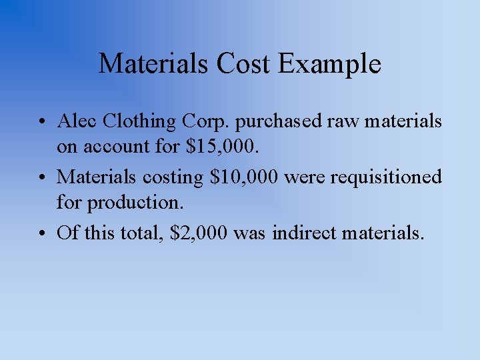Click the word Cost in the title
[243, 64]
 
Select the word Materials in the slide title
[154, 64]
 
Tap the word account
[114, 146]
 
